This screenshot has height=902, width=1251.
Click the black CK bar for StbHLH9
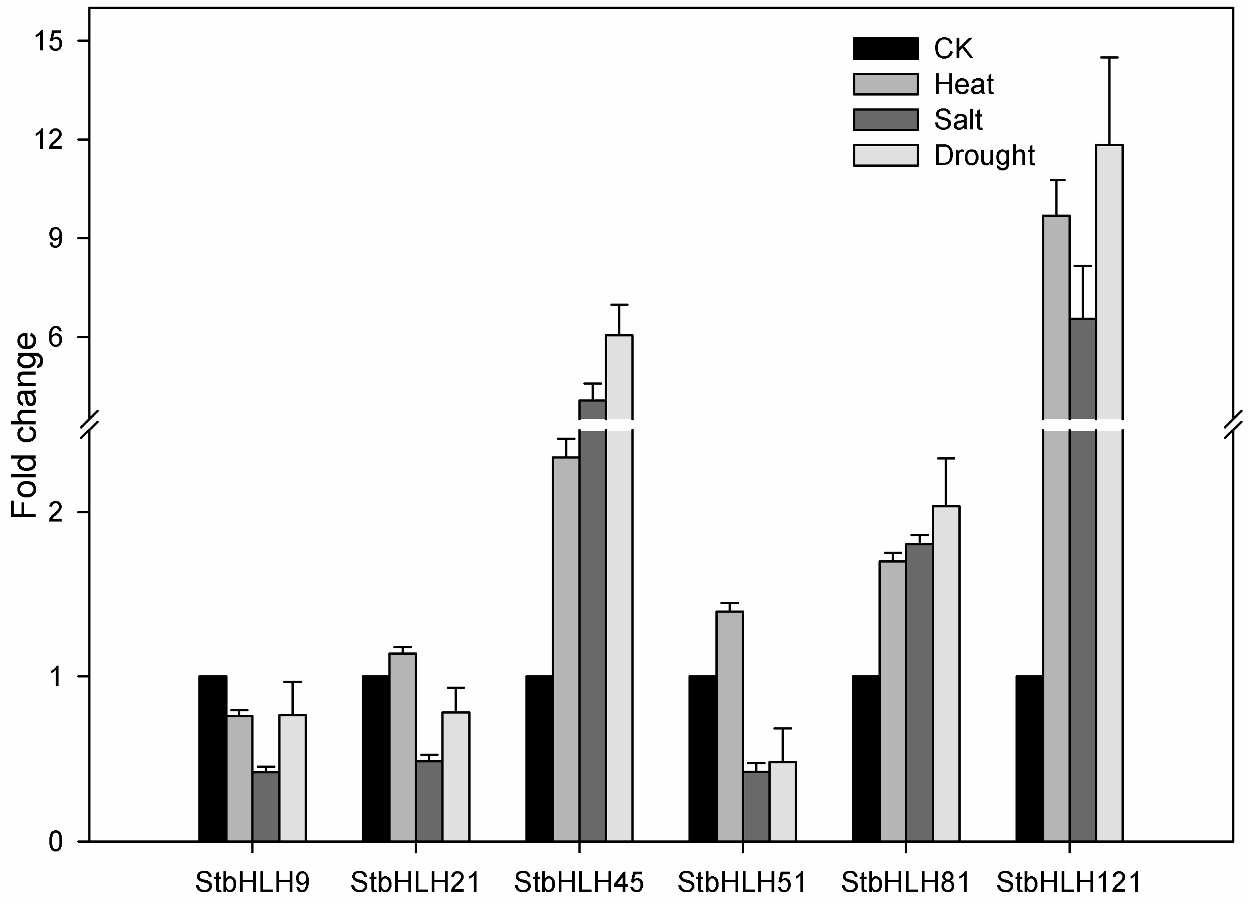tap(212, 758)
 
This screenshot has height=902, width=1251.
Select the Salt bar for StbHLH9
tap(266, 807)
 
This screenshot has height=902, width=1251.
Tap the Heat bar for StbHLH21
tap(403, 747)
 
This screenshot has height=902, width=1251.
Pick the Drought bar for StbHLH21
tap(456, 777)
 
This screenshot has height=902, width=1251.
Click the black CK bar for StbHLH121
tap(1029, 758)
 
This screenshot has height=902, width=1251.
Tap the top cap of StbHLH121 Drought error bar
tap(1109, 57)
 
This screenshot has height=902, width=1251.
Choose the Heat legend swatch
tap(885, 84)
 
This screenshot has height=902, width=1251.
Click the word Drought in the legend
tap(984, 156)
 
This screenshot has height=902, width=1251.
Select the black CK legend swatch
tap(885, 48)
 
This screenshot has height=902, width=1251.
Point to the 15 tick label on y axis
tap(49, 41)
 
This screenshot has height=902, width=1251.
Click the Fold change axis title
tap(25, 425)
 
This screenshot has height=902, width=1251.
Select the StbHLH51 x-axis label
tap(742, 882)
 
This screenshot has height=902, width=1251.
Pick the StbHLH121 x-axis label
tap(1069, 882)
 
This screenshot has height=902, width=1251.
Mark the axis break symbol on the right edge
tap(1233, 425)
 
